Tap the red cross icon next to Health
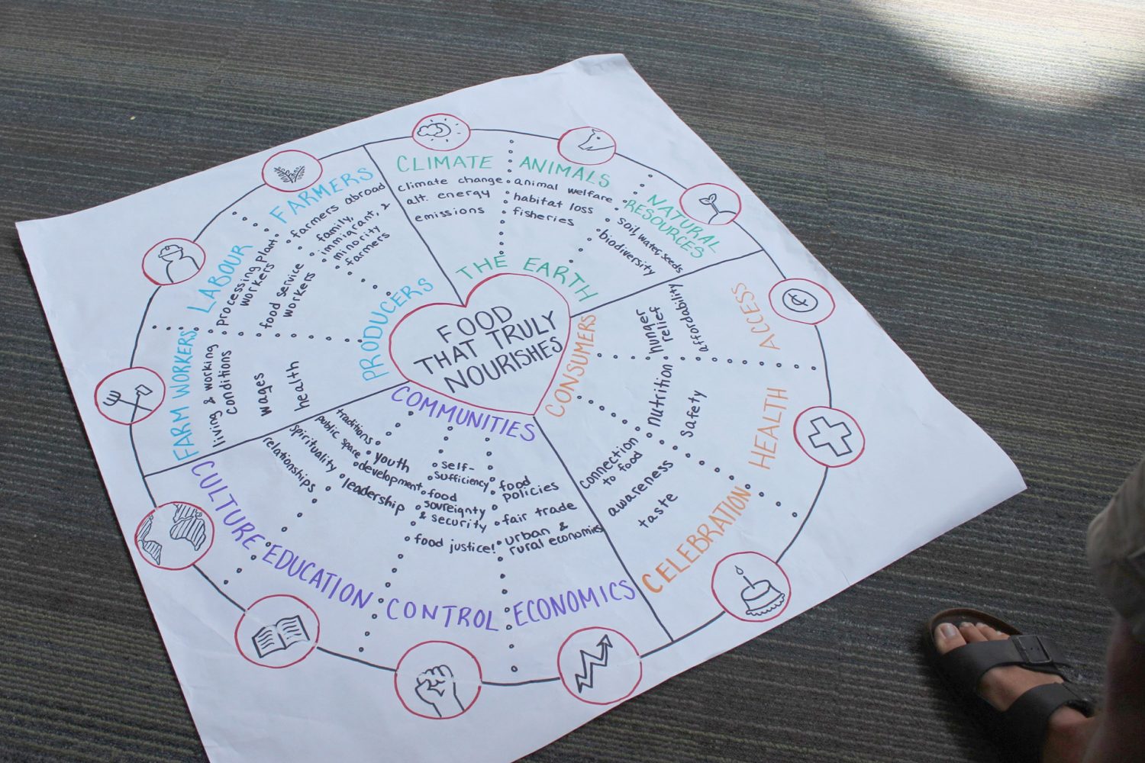click(x=830, y=436)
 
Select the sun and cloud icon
click(x=437, y=133)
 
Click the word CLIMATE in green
click(x=444, y=163)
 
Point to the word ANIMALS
click(x=565, y=172)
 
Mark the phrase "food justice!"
click(x=453, y=542)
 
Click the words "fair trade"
click(x=539, y=513)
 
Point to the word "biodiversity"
click(x=627, y=253)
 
